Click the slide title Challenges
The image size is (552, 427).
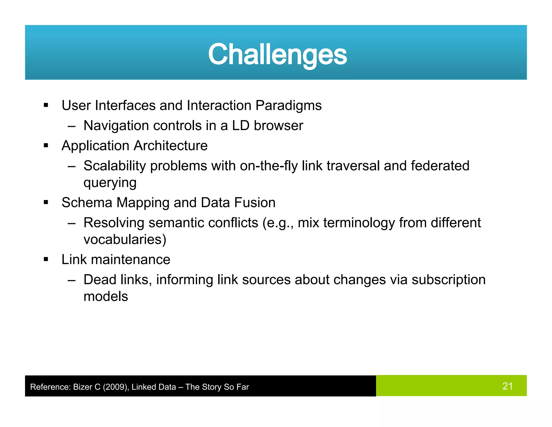[x=277, y=55]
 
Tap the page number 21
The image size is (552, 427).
[x=507, y=386]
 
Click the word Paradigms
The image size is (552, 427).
[x=288, y=106]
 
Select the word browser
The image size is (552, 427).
[x=278, y=126]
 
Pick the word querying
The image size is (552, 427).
[x=110, y=183]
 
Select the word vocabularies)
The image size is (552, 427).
[x=125, y=240]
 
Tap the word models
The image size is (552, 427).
[x=106, y=297]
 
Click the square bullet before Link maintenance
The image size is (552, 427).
[x=46, y=260]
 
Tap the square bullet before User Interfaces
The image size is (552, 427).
[x=46, y=106]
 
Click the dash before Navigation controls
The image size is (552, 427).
[x=71, y=126]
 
